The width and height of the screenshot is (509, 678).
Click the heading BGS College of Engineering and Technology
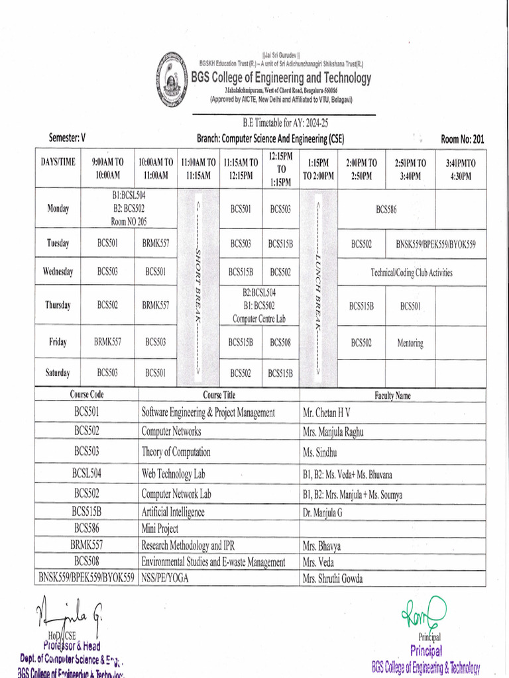click(281, 78)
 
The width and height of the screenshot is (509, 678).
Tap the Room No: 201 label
click(463, 138)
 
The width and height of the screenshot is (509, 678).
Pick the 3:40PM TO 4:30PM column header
click(461, 169)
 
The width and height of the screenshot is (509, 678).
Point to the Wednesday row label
click(58, 271)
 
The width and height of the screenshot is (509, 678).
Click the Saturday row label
click(58, 373)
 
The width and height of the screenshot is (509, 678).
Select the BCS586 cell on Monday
click(386, 209)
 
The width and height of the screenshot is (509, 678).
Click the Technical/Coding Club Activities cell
click(412, 272)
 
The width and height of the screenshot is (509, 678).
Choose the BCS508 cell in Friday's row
click(280, 342)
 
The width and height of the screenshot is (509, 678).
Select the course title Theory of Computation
click(176, 452)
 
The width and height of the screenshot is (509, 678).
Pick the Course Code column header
click(87, 395)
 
